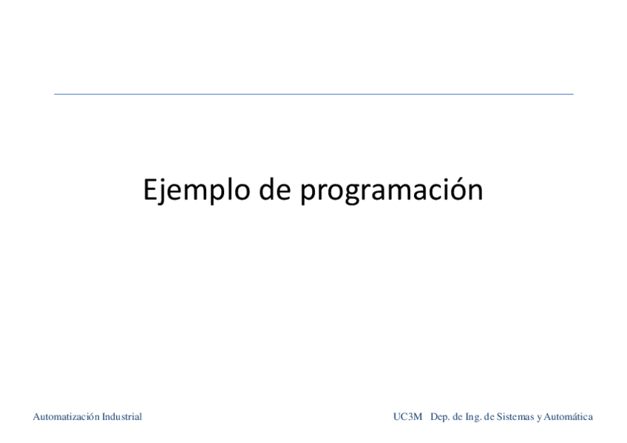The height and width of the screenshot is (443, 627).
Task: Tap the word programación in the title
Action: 391,191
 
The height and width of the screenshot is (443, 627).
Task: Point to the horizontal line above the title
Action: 313,94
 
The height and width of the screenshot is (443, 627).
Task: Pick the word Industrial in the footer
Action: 118,417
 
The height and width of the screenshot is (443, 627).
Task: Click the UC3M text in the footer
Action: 407,417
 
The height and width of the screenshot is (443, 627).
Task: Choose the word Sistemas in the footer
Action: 515,417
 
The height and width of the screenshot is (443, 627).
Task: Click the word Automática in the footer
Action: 568,417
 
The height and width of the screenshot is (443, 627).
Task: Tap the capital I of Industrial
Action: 98,417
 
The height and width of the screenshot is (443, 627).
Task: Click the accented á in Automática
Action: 576,417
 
